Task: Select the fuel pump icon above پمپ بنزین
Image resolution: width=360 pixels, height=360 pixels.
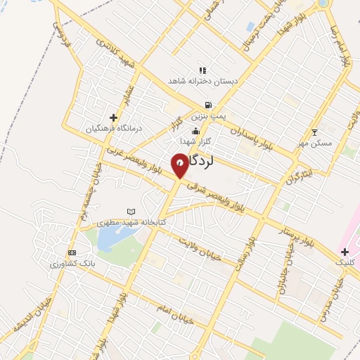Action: pyautogui.click(x=207, y=105)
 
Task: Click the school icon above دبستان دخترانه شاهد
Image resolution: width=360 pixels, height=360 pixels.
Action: pyautogui.click(x=202, y=70)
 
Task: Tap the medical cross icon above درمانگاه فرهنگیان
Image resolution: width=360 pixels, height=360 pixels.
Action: pyautogui.click(x=114, y=117)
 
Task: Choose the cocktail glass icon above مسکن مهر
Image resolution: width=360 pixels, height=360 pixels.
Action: pyautogui.click(x=315, y=131)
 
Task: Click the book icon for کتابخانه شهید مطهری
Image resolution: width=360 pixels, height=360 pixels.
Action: pyautogui.click(x=130, y=211)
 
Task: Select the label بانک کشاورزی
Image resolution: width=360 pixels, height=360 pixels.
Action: pyautogui.click(x=70, y=264)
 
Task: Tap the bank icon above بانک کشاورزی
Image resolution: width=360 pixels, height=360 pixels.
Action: pyautogui.click(x=71, y=252)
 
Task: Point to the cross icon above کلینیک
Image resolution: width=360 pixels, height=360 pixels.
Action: pyautogui.click(x=345, y=251)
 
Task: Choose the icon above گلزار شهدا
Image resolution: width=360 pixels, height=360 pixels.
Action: pyautogui.click(x=195, y=130)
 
